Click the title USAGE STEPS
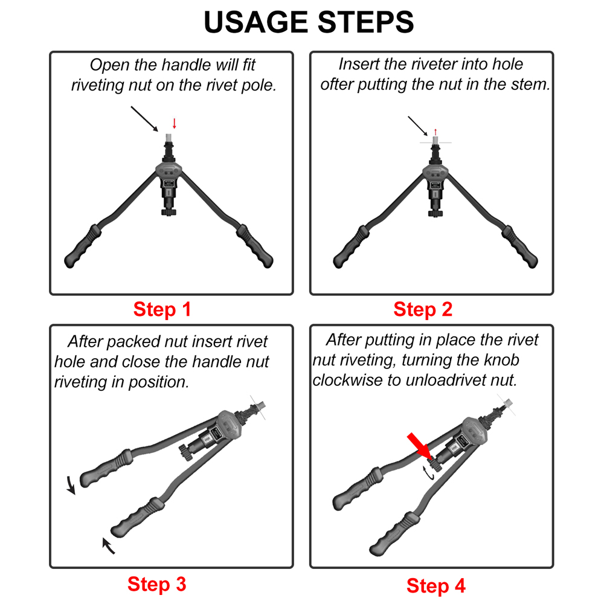tap(309, 22)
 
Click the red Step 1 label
tap(162, 310)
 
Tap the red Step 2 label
tap(423, 310)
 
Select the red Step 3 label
tap(157, 584)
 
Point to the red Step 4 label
tap(436, 585)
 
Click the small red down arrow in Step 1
tap(175, 123)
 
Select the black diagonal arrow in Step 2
tap(417, 126)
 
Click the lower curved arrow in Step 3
tap(108, 545)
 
